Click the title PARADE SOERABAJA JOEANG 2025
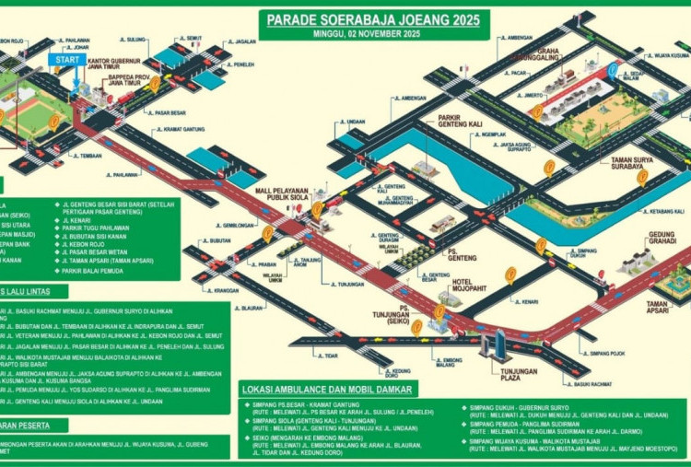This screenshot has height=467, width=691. tap(373, 18)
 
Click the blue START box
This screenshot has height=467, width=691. tap(66, 59)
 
